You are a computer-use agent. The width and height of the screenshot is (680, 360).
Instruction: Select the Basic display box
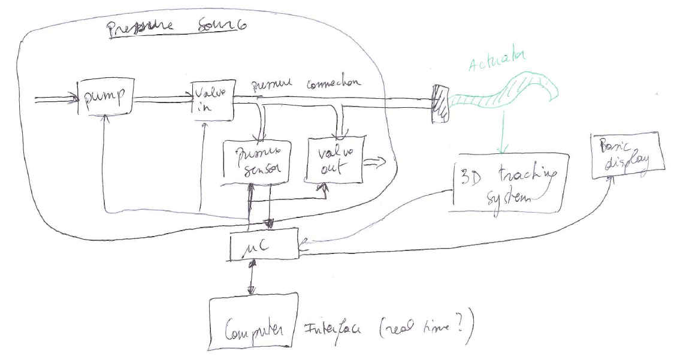pos(627,155)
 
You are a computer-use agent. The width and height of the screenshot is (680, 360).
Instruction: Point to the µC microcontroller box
pos(264,245)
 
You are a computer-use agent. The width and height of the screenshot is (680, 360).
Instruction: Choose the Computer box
pos(253,320)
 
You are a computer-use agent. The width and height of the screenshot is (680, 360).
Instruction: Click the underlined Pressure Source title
pos(177,29)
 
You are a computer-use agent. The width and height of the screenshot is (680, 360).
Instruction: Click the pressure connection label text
pos(306,85)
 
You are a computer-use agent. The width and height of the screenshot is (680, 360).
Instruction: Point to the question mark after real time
pos(462,332)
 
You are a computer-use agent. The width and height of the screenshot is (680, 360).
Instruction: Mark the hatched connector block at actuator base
pos(439,103)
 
